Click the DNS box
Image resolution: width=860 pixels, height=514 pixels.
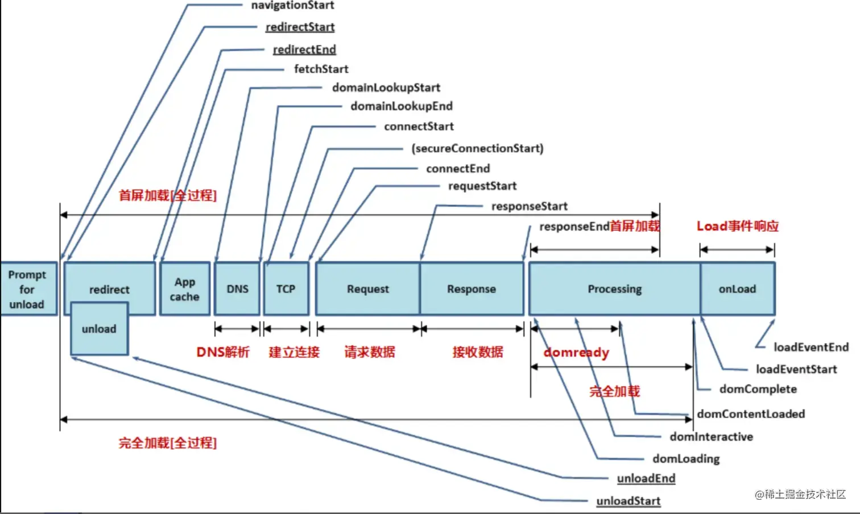tap(237, 289)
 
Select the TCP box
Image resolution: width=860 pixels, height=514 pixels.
tap(287, 289)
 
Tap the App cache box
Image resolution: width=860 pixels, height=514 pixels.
tap(185, 289)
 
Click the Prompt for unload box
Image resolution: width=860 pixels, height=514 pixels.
tap(28, 289)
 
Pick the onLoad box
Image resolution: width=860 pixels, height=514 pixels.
tap(738, 289)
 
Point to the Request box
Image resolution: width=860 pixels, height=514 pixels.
tap(368, 289)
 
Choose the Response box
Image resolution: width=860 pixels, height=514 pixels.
tap(472, 289)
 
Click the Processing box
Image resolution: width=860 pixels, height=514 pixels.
tap(614, 289)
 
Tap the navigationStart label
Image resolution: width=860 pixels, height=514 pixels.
tap(292, 5)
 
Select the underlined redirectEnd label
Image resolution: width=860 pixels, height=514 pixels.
tap(304, 49)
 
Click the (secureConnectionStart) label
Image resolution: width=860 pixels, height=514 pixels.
tap(477, 148)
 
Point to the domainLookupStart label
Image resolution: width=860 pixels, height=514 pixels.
tap(386, 88)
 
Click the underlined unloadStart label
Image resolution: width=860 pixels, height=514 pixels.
tap(628, 500)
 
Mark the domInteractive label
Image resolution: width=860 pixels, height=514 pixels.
tap(712, 437)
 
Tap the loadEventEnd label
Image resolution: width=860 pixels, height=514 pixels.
tap(811, 347)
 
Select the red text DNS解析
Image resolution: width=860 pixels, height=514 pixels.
tap(223, 352)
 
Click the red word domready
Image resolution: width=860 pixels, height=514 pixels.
tap(576, 352)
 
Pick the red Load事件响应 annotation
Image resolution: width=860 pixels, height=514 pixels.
tap(738, 226)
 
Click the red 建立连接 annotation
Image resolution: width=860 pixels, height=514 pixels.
tap(294, 352)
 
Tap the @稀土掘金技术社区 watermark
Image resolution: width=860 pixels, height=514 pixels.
tap(800, 494)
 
